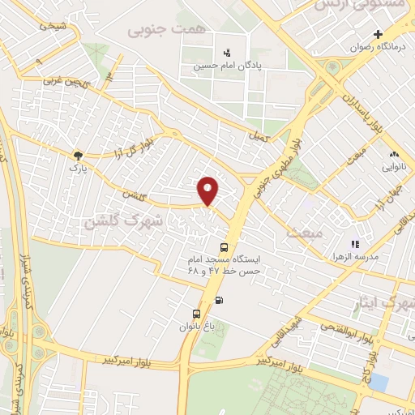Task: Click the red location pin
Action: pos(208,190)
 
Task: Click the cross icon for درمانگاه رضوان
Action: pos(378,34)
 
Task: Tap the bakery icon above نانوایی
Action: pos(394,154)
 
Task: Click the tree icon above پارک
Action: pos(78,154)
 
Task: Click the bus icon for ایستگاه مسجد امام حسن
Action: pos(224,247)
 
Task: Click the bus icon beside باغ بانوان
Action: pos(196,314)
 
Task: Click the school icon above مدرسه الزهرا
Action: pos(353,243)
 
